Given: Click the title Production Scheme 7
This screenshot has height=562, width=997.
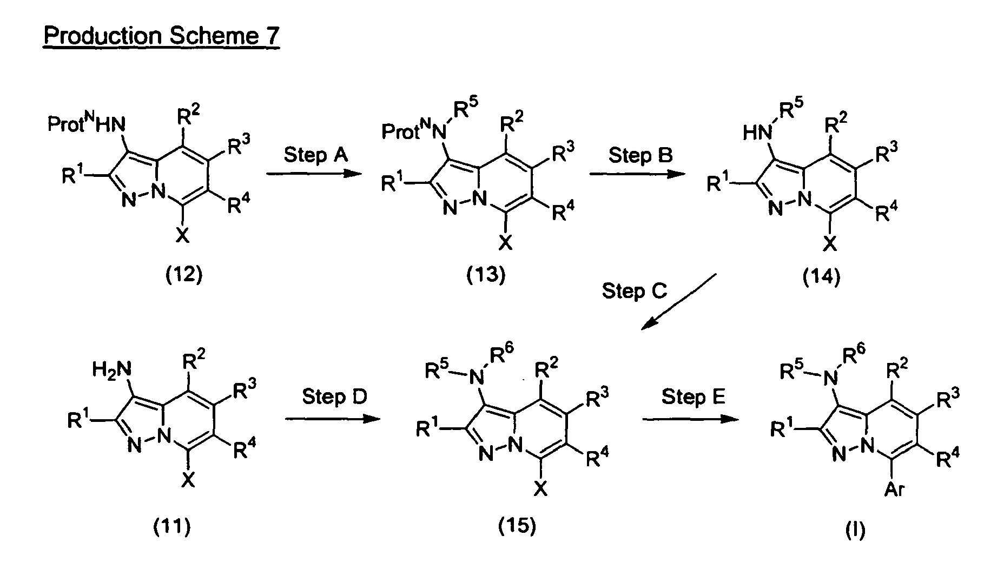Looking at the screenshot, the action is point(161,36).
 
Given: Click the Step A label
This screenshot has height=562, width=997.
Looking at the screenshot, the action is point(316,155).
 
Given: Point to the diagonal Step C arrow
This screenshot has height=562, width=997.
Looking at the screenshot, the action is point(679,301).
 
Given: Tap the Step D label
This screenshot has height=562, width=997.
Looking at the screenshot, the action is point(334,396).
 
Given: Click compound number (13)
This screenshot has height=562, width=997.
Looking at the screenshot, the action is point(486,275).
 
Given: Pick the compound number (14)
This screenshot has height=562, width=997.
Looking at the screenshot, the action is point(821,276).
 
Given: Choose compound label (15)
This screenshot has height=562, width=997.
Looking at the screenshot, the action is point(517,525).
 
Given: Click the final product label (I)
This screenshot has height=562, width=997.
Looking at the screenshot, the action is point(855,531).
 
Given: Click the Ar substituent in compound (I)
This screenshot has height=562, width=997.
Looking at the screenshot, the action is point(894,490).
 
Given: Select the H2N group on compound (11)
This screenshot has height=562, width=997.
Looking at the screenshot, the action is point(111,370).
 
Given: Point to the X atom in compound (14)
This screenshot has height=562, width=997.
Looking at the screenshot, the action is point(829,245).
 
